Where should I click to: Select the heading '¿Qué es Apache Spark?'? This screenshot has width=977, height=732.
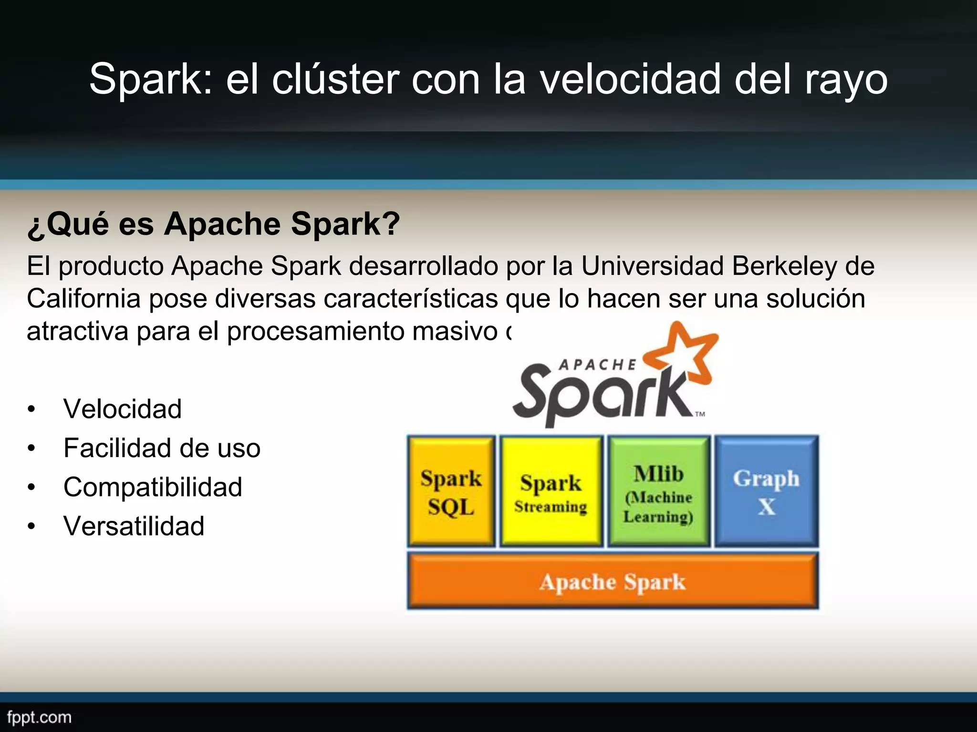click(214, 224)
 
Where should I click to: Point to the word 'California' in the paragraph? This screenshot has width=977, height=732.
click(83, 299)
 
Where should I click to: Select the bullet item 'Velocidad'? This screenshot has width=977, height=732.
click(123, 409)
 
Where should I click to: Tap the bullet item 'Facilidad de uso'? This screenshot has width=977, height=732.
click(162, 448)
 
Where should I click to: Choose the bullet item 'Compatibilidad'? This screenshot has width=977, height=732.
click(153, 487)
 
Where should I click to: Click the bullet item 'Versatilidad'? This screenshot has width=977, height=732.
click(134, 526)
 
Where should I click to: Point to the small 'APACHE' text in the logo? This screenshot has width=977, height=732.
click(597, 365)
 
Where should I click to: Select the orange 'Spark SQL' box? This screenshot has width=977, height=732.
click(451, 491)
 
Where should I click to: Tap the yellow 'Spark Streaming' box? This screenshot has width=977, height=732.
click(551, 491)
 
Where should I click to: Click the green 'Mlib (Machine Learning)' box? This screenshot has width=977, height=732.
click(658, 491)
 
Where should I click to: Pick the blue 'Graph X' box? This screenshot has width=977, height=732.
click(766, 491)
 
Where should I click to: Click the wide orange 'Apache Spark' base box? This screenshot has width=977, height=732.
click(613, 581)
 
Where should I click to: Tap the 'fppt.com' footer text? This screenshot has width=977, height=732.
click(39, 717)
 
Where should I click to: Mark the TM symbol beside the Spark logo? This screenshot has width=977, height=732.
click(700, 414)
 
